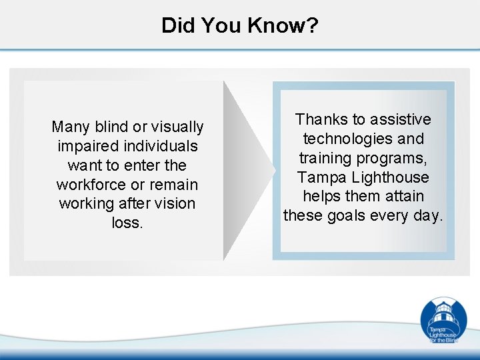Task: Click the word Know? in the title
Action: [x=283, y=26]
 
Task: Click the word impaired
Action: [x=87, y=146]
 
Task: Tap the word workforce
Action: [x=91, y=184]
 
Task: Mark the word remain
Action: [x=174, y=184]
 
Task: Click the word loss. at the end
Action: [x=127, y=223]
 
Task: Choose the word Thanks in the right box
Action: [x=321, y=119]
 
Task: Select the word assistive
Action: [x=400, y=119]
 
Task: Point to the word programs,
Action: [x=392, y=158]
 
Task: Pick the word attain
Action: [x=401, y=197]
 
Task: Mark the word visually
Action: [x=177, y=127]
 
